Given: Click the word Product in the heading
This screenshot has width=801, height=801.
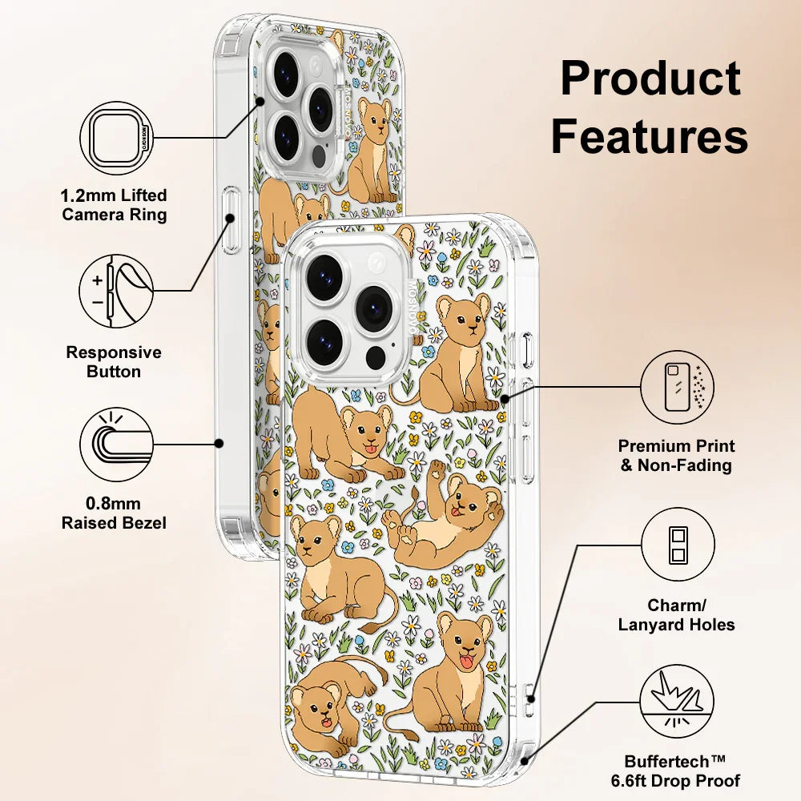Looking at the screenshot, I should tap(650, 78).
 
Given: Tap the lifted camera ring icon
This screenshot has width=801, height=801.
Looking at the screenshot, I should tap(117, 138).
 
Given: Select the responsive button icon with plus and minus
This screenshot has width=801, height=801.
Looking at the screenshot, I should tap(117, 291).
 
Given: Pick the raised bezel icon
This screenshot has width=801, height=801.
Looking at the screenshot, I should tap(117, 444).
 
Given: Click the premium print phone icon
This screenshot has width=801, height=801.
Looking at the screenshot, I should tap(678, 388).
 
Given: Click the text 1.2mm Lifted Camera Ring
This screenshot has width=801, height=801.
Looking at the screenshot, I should tap(115, 205).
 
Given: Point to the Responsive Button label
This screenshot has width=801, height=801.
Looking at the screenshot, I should tap(114, 362).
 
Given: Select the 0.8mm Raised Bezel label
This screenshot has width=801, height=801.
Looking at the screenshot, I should tap(115, 513).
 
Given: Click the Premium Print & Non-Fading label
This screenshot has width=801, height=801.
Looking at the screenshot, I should tap(677, 456).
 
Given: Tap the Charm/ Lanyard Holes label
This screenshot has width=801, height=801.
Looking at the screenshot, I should tap(677, 615).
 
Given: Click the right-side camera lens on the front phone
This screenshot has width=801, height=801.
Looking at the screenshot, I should tap(373, 308).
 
